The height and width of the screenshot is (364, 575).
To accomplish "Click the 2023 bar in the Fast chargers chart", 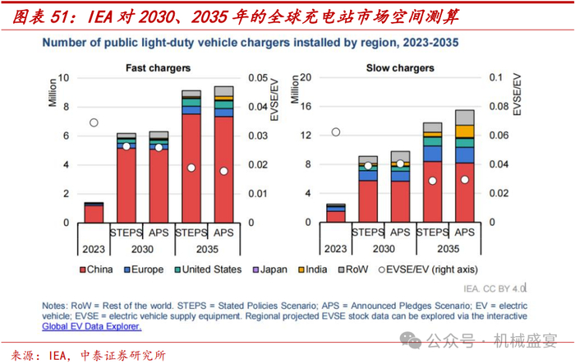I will pyautogui.click(x=94, y=213).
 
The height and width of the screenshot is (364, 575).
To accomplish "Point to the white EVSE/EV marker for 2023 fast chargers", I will pyautogui.click(x=94, y=122).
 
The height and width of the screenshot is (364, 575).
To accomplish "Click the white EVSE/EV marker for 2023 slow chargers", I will pyautogui.click(x=335, y=131).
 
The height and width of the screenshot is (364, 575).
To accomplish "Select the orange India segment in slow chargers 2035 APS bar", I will pyautogui.click(x=464, y=131).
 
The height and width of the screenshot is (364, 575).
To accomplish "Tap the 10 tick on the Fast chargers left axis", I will pyautogui.click(x=67, y=78).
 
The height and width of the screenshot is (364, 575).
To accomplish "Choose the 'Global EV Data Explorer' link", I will pyautogui.click(x=92, y=326).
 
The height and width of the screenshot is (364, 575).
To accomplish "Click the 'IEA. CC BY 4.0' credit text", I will pyautogui.click(x=491, y=288).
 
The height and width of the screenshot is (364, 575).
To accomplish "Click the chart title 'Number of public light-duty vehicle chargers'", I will pyautogui.click(x=251, y=41).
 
